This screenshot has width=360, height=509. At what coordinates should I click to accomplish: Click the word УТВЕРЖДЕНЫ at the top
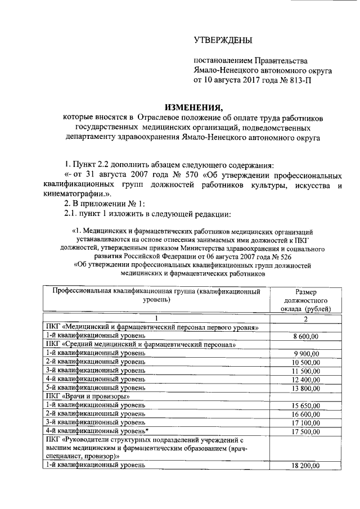pos(223,40)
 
